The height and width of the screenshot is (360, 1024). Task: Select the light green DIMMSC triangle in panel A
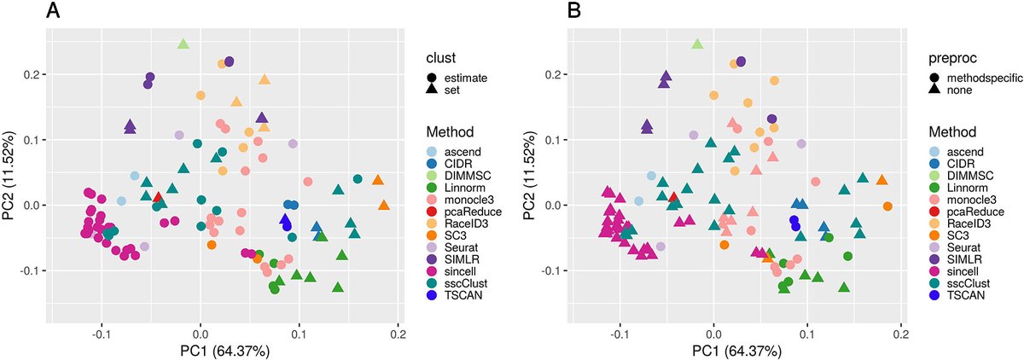[x=183, y=44]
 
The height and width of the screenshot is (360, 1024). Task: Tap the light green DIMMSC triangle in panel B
[x=697, y=44]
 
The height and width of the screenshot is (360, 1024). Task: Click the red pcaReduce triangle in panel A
[x=158, y=197]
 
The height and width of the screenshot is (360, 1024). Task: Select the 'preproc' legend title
[x=955, y=58]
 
